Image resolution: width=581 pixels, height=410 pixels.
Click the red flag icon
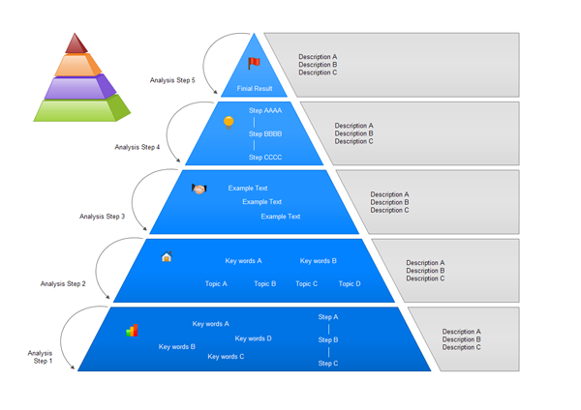254,64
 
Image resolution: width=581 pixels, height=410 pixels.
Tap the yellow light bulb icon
229,122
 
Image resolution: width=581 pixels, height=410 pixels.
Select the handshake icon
199,190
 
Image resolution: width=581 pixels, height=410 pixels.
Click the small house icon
167,257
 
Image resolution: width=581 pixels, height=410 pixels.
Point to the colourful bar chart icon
132,331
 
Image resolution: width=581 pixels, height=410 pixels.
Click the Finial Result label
255,88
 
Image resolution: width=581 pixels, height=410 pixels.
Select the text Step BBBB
265,133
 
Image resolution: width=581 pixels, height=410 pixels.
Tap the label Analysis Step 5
172,80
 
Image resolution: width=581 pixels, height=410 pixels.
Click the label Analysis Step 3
102,217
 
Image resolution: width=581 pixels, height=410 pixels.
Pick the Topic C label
306,283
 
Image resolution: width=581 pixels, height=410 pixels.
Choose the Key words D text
253,338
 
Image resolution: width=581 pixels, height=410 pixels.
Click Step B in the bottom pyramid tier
328,339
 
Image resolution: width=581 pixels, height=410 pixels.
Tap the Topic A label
216,283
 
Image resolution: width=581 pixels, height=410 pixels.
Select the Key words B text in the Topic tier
319,261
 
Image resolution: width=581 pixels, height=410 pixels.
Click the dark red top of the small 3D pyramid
76,44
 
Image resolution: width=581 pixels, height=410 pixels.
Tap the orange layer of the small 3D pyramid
76,65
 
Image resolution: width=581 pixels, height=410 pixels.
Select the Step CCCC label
265,157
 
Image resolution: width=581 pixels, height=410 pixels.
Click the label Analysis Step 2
63,284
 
